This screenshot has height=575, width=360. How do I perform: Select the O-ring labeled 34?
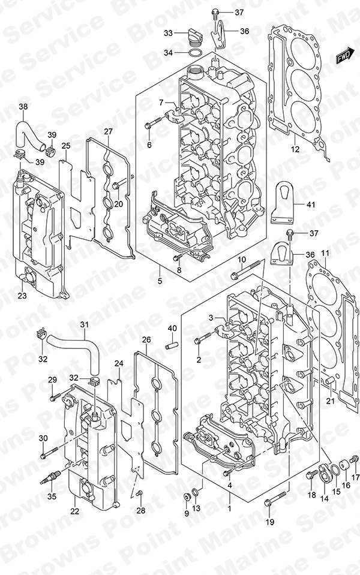click(x=194, y=52)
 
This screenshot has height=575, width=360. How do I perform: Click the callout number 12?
click(x=295, y=149)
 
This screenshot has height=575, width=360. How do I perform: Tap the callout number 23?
click(x=22, y=295)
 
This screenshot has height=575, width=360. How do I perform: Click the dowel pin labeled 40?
click(x=172, y=345)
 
